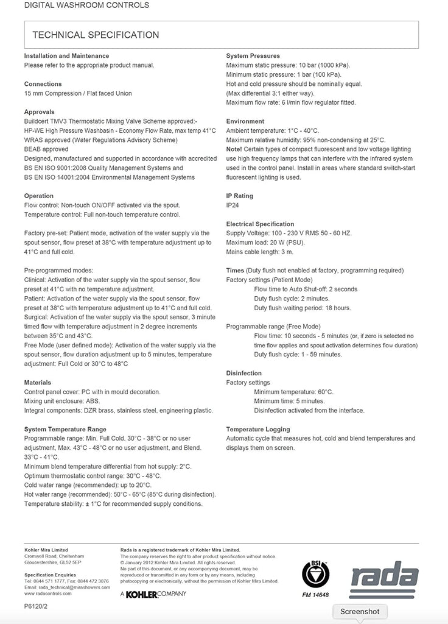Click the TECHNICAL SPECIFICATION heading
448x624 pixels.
[96, 35]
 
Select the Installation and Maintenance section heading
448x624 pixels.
[66, 56]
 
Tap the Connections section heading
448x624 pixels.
[43, 84]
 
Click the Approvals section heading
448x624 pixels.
[39, 112]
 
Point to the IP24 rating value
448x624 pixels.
[232, 205]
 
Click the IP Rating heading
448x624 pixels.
[239, 196]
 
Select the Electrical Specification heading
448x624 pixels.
[260, 224]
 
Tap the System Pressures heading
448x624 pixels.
[253, 56]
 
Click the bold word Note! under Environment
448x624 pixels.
[234, 149]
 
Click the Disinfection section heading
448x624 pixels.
[243, 373]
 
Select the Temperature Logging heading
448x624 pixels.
[257, 430]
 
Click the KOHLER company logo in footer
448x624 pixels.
[153, 594]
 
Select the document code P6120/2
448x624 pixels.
[36, 606]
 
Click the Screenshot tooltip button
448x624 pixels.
[359, 611]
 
